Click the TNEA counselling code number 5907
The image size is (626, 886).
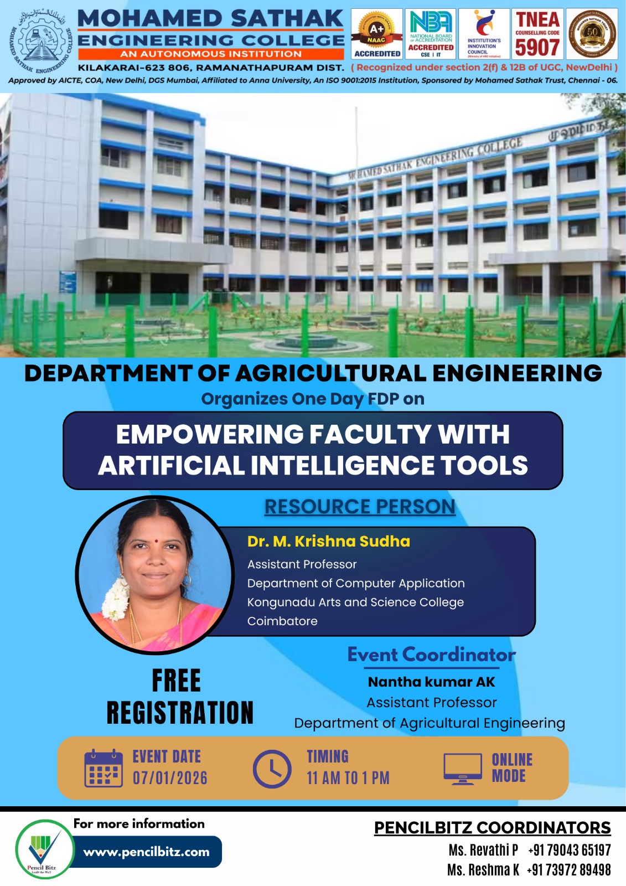point(537,47)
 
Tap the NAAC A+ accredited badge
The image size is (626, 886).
point(377,34)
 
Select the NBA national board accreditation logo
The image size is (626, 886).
point(431,34)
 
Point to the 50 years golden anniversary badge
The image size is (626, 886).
point(592,34)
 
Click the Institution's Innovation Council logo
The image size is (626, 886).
point(484,34)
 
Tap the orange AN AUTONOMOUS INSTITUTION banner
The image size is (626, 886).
point(211,54)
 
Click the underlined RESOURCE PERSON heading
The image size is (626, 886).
point(360,507)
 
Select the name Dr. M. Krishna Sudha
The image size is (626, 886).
point(329,541)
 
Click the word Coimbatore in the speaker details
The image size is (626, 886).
point(282,621)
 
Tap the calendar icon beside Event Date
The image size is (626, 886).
point(104,768)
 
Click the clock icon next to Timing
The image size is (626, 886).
point(272,769)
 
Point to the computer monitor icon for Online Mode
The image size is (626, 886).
point(463,769)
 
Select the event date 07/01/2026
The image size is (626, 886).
point(170,777)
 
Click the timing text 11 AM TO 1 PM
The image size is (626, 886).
point(348,777)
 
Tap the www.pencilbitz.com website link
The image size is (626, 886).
point(147,852)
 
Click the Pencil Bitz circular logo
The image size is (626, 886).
point(44,849)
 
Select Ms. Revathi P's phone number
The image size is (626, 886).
point(569,850)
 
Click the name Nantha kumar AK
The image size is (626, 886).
point(432,682)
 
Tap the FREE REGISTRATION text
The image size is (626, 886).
point(179,697)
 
